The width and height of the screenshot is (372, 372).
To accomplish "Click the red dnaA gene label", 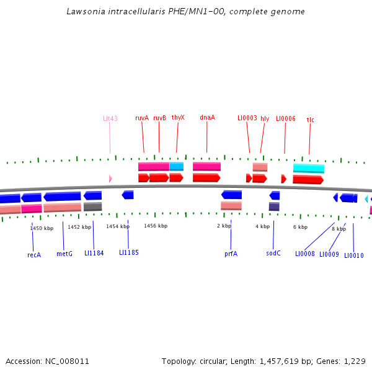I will click(207, 117).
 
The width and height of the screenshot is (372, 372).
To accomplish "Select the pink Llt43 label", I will click(110, 118).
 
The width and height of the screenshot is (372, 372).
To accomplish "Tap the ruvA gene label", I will click(142, 118).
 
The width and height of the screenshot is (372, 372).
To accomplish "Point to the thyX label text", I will click(178, 117).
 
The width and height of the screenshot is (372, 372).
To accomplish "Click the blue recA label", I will click(34, 254).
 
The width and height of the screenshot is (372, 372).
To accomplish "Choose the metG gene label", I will click(64, 254).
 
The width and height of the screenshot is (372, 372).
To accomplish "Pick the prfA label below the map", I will click(231, 254).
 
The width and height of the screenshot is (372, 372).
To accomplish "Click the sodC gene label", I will click(273, 253).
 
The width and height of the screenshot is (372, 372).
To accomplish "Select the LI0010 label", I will click(354, 255).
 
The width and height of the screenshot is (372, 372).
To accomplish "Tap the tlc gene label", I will click(311, 120).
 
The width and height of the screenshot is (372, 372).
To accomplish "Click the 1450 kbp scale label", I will click(42, 228).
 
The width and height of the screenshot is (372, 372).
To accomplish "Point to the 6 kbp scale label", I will click(300, 227).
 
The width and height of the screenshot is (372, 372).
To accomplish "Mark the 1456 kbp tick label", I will click(156, 226).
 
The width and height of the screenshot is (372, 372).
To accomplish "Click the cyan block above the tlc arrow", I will click(309, 168).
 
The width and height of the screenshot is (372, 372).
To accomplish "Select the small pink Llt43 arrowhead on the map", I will click(110, 179).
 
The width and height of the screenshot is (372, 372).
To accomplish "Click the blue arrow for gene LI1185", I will click(128, 195).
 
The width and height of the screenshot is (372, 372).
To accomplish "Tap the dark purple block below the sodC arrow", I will click(274, 206).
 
